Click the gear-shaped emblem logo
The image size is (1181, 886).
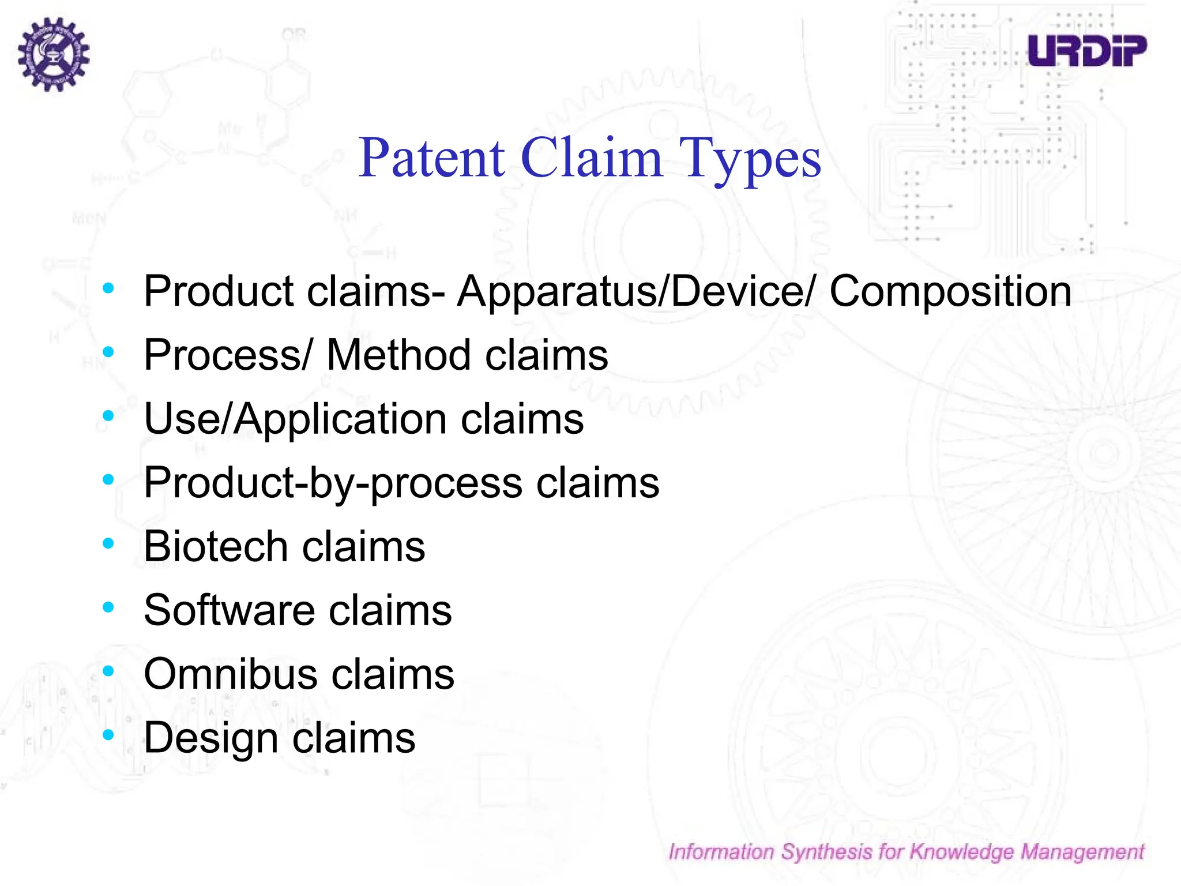[53, 54]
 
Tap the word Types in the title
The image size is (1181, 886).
[750, 159]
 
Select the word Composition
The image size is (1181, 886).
[950, 291]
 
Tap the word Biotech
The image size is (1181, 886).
[215, 546]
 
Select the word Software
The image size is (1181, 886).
[229, 610]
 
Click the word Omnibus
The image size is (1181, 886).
[230, 674]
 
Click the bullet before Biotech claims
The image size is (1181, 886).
[108, 543]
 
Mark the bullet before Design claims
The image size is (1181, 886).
[108, 735]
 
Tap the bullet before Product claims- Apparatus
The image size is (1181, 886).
[108, 287]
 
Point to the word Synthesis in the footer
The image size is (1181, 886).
[826, 852]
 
